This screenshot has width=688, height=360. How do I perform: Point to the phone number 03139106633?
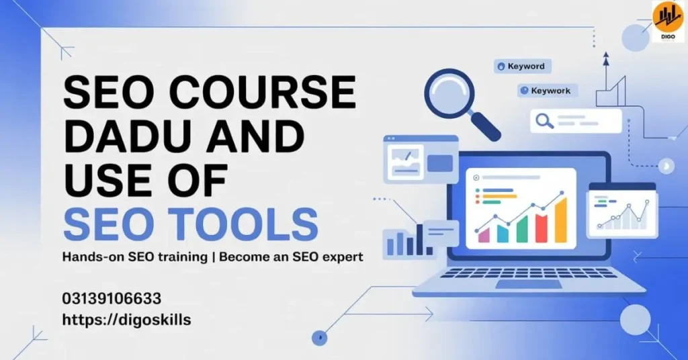112,298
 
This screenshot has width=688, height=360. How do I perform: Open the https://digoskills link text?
126,320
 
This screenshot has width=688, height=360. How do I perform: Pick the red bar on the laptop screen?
541,227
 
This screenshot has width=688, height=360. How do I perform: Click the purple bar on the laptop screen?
484,235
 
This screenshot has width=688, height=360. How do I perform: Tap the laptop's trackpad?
528,284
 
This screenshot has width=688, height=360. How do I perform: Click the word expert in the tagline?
339,257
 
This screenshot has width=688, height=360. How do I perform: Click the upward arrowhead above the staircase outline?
605,58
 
